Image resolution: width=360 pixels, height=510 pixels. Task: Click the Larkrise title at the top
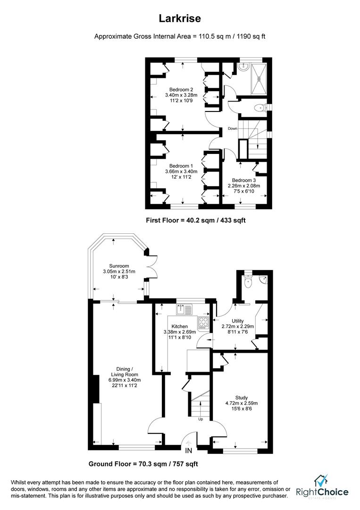(180, 19)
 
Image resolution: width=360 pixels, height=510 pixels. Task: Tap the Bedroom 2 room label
(182, 89)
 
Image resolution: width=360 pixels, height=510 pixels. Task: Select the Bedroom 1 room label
(182, 166)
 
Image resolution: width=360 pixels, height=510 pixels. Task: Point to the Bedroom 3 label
(244, 180)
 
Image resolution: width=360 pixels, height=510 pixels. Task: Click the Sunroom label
(106, 266)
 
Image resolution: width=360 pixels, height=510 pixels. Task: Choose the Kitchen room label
(180, 326)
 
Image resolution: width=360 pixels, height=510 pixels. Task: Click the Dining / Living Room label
(122, 369)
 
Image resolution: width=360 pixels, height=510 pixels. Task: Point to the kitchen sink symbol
(184, 310)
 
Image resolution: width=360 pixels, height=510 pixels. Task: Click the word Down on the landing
(233, 128)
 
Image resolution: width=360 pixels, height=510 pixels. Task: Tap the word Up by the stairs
(201, 419)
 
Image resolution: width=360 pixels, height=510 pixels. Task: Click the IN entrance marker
(189, 451)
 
